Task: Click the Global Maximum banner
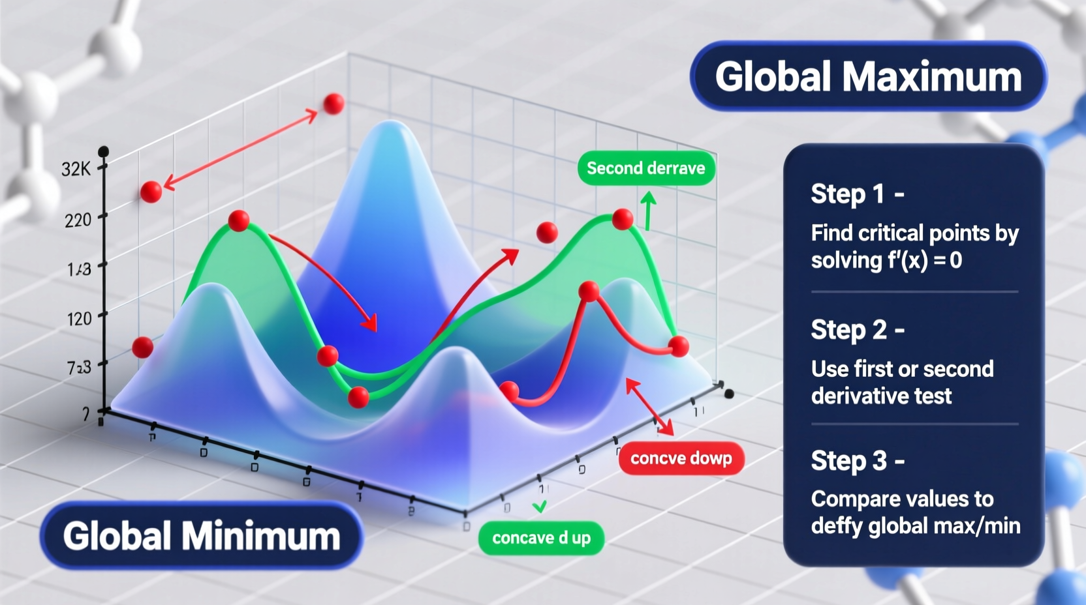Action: click(868, 77)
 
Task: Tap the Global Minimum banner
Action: click(201, 536)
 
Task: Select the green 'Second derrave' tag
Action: click(645, 168)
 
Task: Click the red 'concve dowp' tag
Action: click(681, 458)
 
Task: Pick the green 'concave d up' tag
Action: click(541, 538)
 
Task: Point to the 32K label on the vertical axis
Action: click(76, 170)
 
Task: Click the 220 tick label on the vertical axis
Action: click(78, 220)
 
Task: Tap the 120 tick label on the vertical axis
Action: click(79, 319)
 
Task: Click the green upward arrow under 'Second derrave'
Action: click(647, 210)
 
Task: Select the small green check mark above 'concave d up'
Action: click(540, 507)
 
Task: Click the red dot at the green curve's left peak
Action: click(239, 220)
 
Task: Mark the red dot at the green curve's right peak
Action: click(623, 219)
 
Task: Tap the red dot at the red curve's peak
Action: click(589, 291)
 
